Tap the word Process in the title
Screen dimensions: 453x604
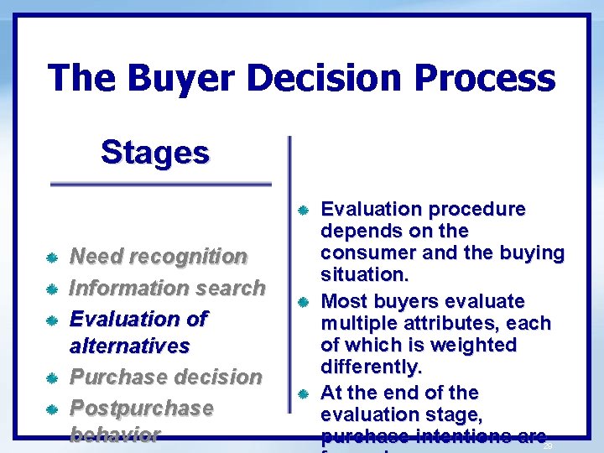487,78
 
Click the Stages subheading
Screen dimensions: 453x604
155,153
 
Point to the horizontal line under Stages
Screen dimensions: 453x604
161,184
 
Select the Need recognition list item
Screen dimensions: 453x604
158,256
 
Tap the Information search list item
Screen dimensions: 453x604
166,288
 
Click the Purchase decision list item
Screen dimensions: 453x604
165,377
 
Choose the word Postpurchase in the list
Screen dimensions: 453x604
141,408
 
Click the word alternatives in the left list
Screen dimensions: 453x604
129,346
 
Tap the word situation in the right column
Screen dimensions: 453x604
363,274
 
